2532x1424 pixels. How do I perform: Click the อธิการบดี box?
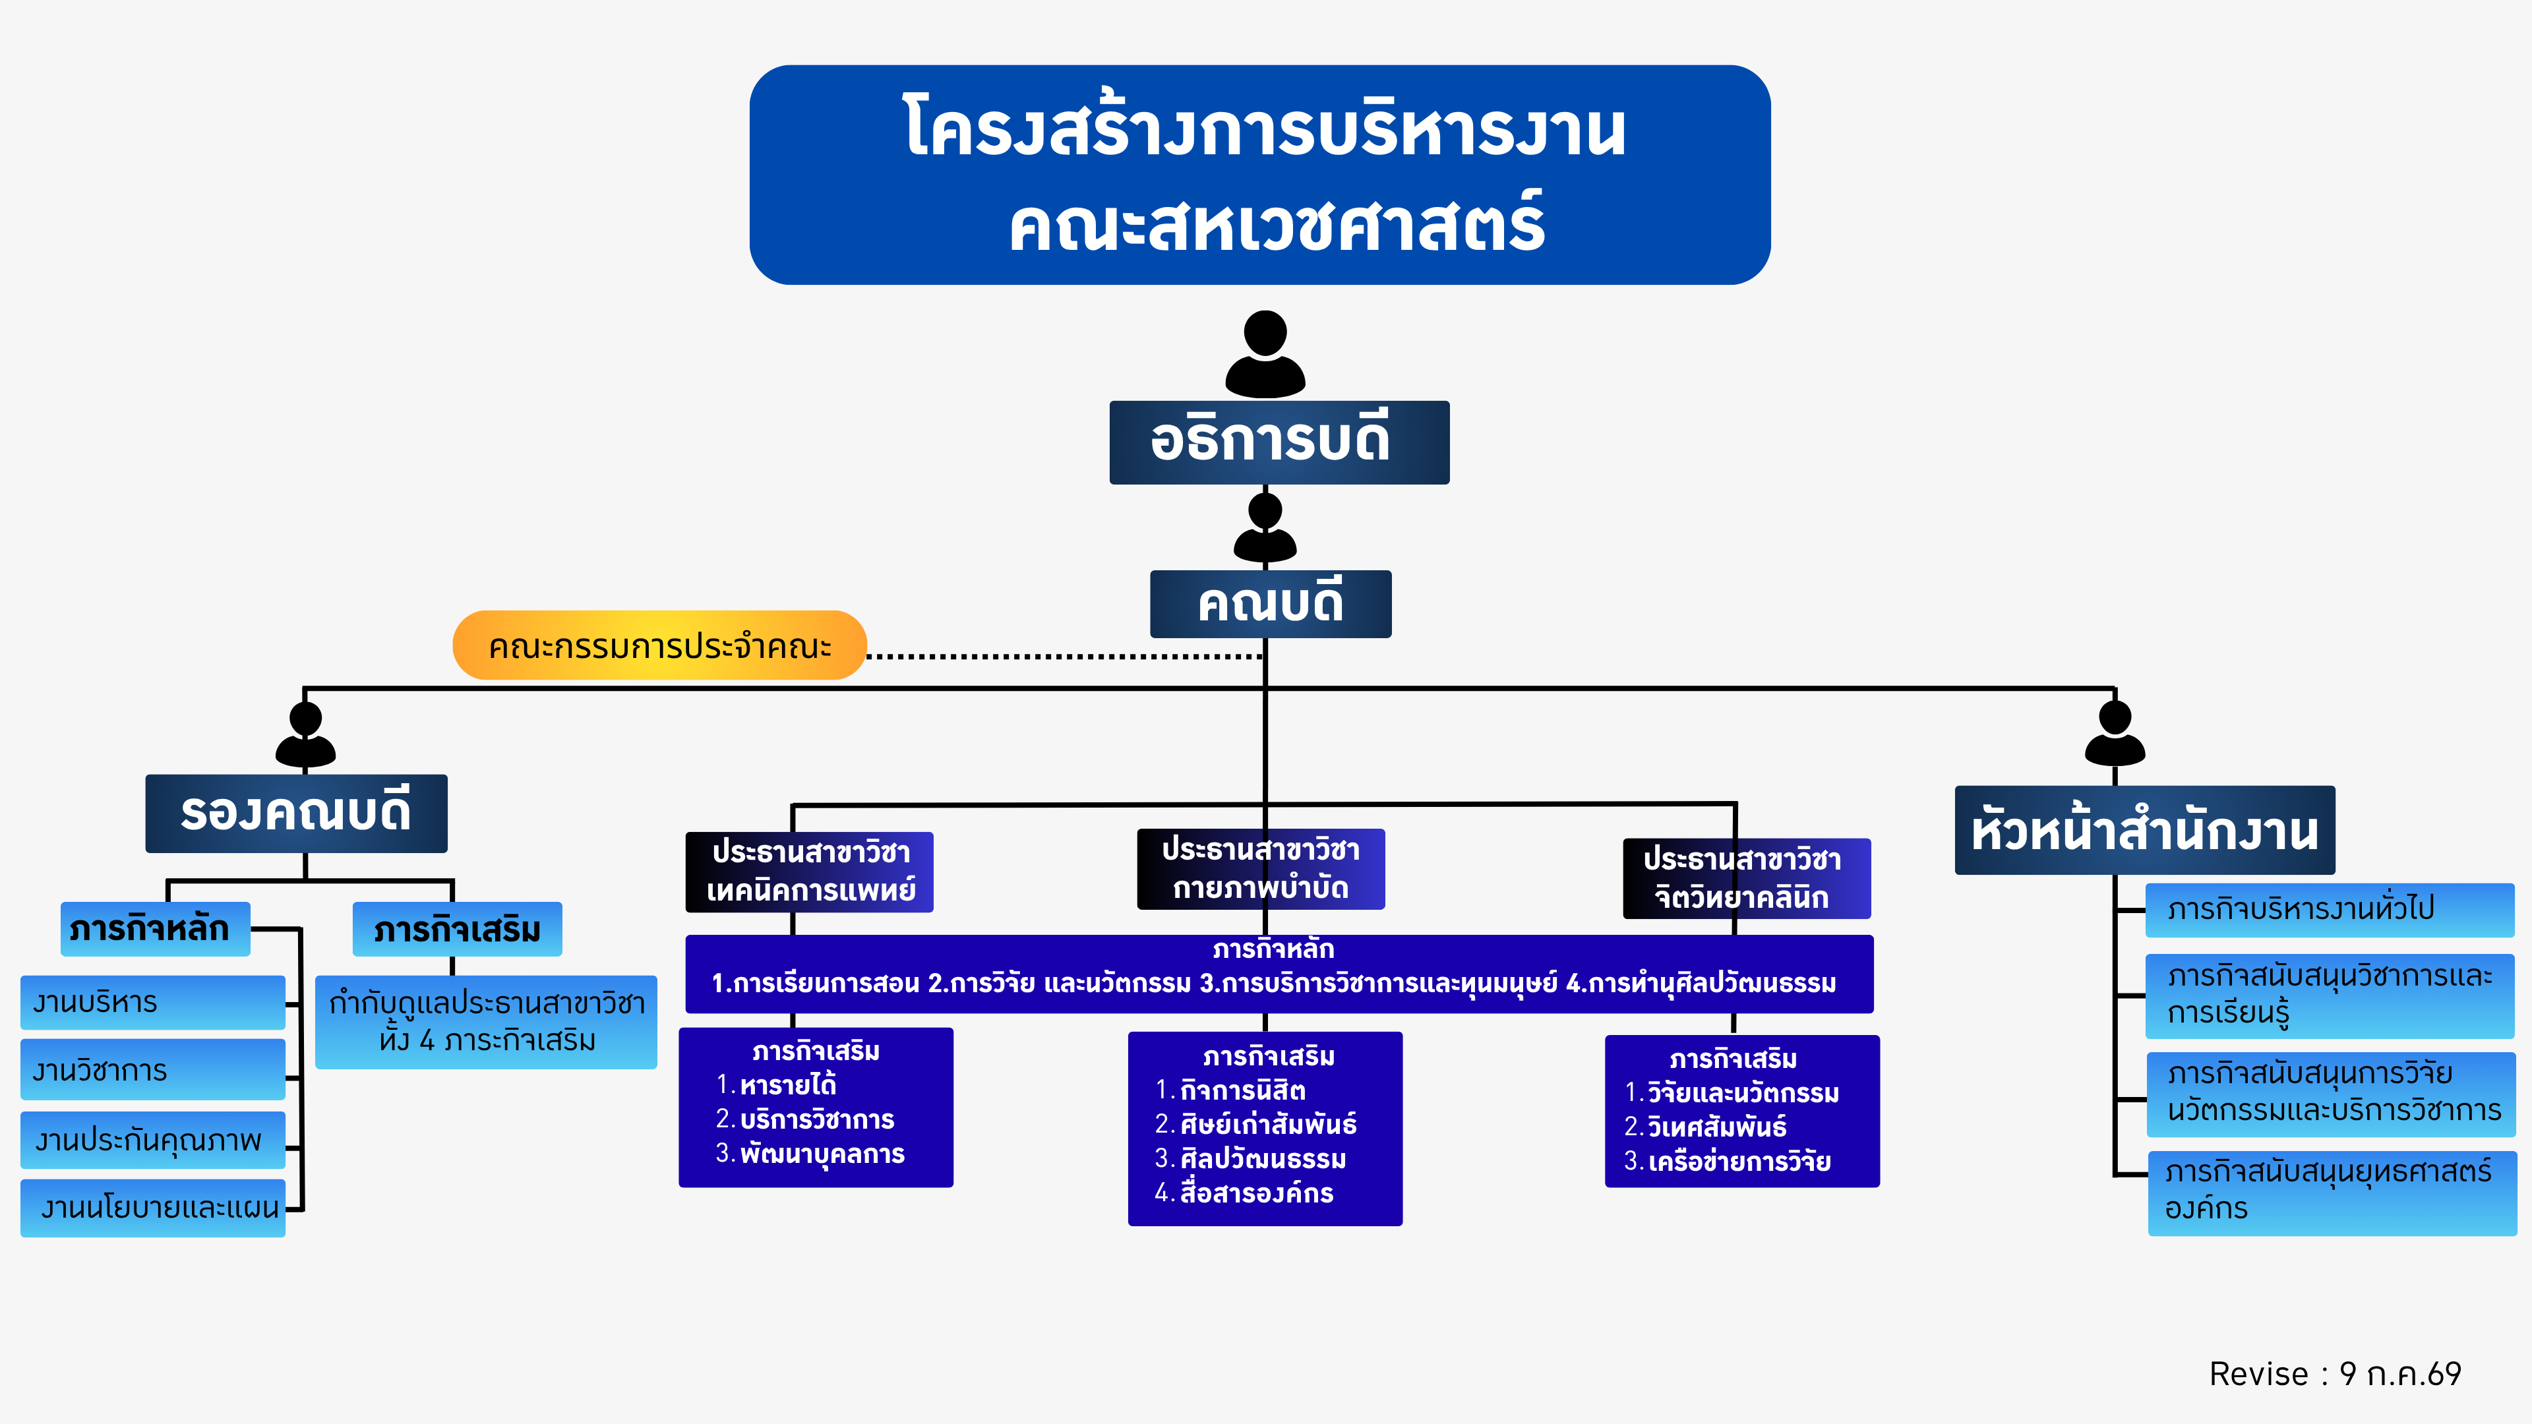click(x=1279, y=442)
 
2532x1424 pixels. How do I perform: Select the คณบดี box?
click(x=1271, y=603)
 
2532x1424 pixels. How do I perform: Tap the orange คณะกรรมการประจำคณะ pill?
click(x=659, y=645)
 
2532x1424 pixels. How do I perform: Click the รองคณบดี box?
click(x=296, y=814)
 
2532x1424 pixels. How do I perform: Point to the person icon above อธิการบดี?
click(x=1265, y=354)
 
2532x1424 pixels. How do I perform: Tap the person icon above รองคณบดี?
click(x=306, y=734)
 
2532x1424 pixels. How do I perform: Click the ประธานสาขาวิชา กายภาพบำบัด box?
click(x=1261, y=869)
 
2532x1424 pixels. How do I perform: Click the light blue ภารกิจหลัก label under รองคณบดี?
click(x=156, y=929)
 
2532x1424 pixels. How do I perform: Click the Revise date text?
click(x=2336, y=1374)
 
